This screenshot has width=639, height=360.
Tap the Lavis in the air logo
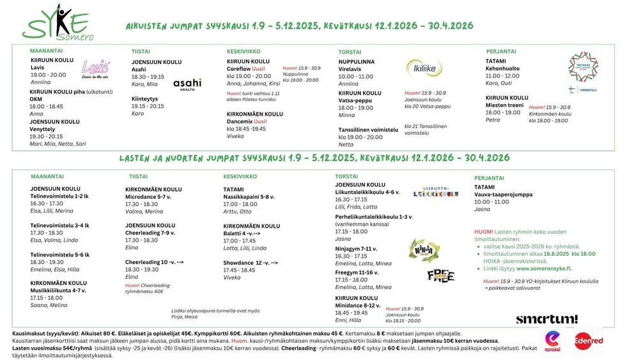pos(96,68)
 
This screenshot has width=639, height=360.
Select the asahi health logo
pos(187,84)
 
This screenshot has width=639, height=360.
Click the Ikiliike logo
pos(424,67)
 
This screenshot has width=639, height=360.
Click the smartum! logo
pos(546,319)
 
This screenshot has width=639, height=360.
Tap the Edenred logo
pos(588,341)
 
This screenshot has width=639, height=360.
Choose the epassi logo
pos(552,341)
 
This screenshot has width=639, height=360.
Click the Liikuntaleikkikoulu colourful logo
pos(436,192)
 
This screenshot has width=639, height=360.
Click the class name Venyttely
pos(43,129)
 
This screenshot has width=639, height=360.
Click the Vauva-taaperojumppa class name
pos(504,194)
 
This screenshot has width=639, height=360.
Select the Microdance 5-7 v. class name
pos(148,196)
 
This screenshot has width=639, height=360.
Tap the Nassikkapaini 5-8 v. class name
pos(249,196)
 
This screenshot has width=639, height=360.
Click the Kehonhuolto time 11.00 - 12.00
pos(502,75)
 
